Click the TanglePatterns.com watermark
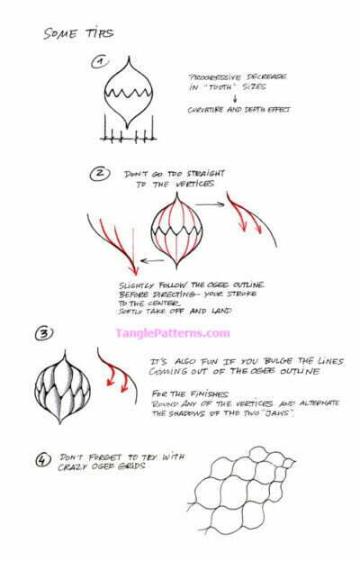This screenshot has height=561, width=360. point(173,333)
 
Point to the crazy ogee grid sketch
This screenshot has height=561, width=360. point(243,493)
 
